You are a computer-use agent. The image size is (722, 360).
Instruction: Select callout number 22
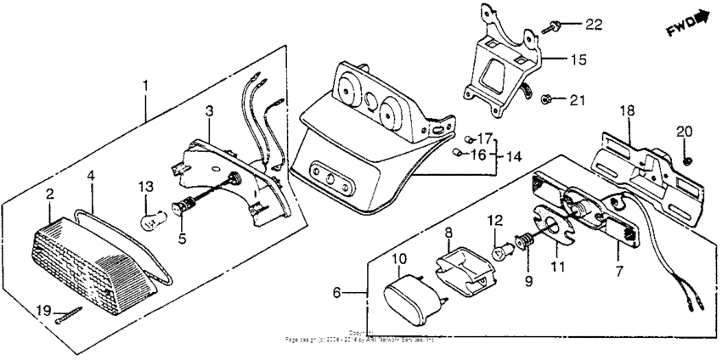pos(592,25)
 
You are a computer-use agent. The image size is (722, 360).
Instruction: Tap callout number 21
pos(578,100)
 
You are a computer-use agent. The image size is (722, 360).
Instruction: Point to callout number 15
pos(577,60)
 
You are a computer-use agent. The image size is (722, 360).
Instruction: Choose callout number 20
pos(684,131)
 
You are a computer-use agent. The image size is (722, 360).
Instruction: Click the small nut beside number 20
pos(688,160)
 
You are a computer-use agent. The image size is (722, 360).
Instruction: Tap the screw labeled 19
pos(68,317)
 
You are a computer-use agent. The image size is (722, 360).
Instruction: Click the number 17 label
pos(485,138)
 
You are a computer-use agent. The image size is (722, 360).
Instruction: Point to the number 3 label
pos(209,110)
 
